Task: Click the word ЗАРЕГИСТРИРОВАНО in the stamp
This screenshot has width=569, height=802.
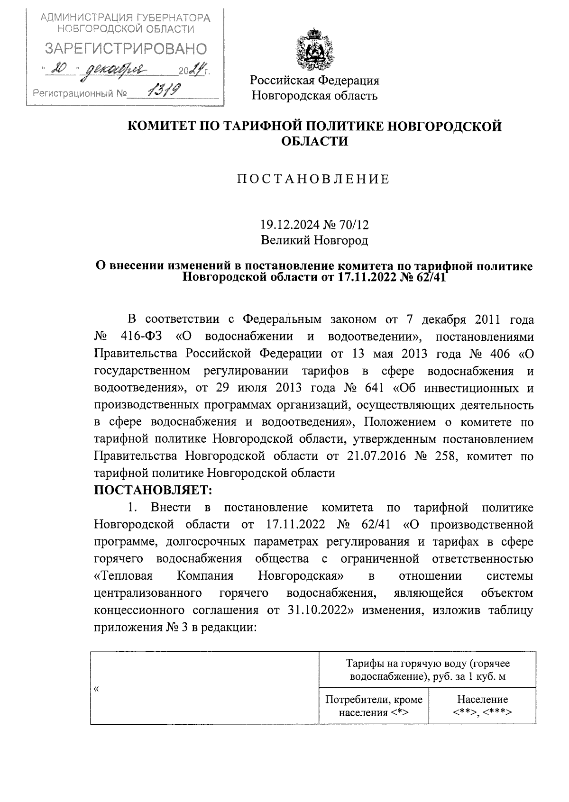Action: coord(126,49)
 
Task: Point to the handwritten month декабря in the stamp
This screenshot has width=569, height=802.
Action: coord(115,71)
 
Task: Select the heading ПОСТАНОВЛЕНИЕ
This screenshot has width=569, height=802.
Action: coord(314,179)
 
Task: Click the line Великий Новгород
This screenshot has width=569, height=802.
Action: coord(314,240)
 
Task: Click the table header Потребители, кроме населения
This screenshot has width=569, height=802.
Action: coord(374,706)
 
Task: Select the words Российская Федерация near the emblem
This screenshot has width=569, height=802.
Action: coord(315,80)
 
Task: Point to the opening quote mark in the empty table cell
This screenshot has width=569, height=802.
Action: coord(96,689)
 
